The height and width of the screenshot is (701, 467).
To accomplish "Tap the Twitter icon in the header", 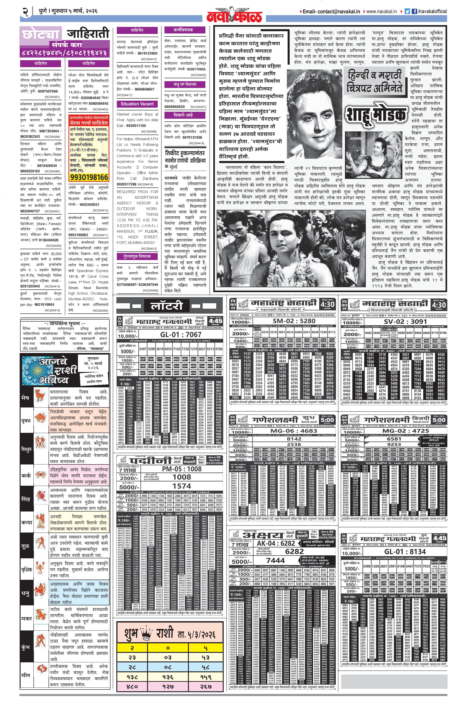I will (x=407, y=11).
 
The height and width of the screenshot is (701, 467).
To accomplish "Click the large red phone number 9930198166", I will (x=89, y=177).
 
